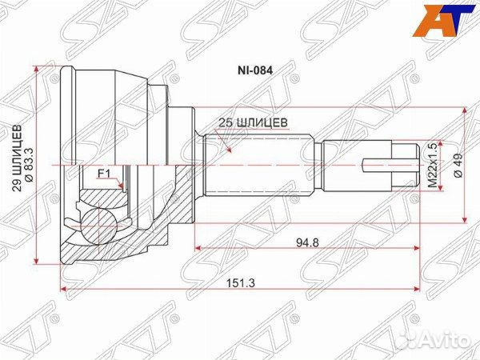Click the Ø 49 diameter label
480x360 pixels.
458,164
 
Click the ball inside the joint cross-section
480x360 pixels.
105,223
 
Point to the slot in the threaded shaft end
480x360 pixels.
380,166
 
